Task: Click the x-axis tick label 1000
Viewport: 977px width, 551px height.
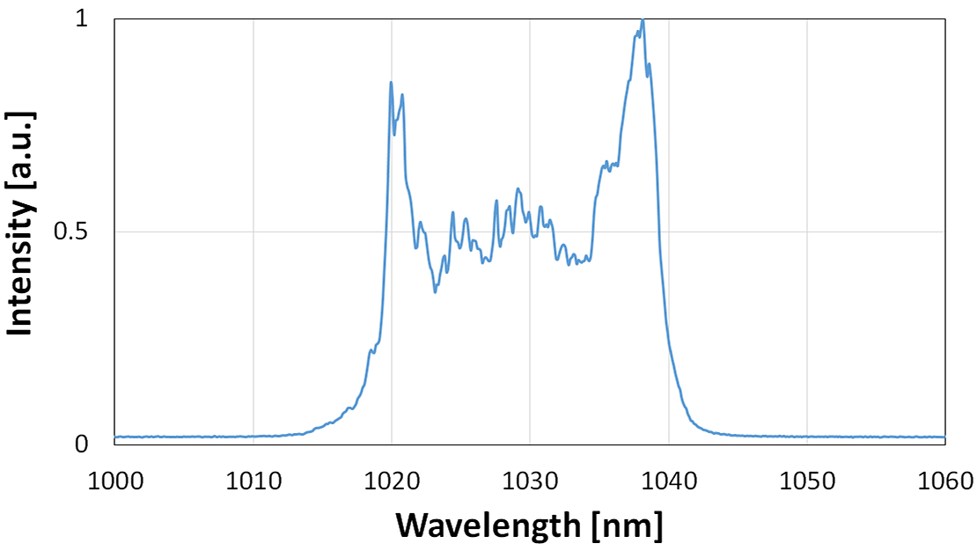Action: pos(114,481)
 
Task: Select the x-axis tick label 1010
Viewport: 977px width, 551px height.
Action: pos(253,481)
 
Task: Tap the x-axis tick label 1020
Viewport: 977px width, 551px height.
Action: pos(392,481)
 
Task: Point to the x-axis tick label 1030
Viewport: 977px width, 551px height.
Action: pos(530,481)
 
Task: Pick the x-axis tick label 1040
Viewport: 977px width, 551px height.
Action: pos(668,481)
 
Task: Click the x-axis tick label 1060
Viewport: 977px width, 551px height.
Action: pos(944,481)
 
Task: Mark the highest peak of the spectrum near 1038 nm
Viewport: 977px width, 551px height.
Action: pos(643,20)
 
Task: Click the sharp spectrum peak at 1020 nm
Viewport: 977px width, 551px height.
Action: pos(391,83)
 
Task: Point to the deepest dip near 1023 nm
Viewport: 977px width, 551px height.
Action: pos(435,291)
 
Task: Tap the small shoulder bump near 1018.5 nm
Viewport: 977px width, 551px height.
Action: pos(371,351)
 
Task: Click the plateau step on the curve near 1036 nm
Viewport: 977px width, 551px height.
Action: pos(609,164)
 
